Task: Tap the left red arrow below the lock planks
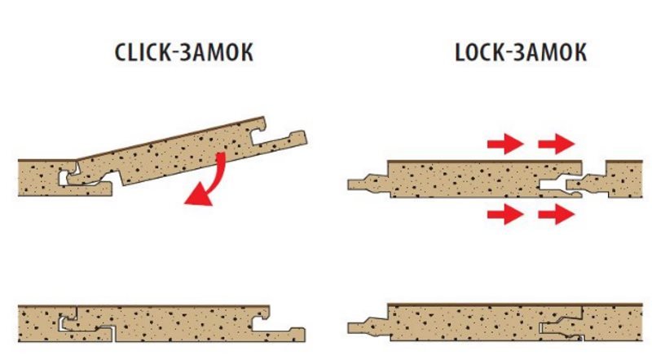tap(504, 215)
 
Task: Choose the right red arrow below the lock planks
tap(556, 215)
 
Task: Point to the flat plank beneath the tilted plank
tap(41, 178)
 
